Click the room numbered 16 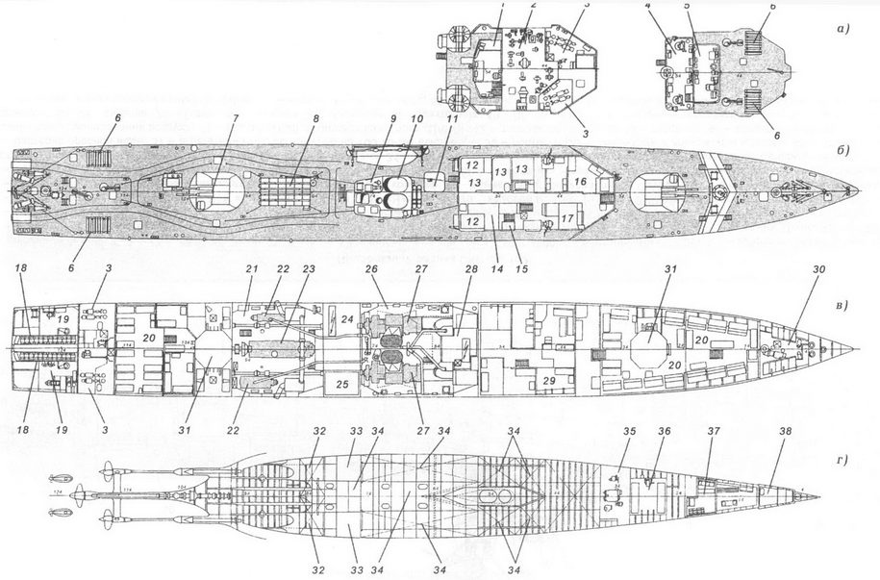580,181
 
